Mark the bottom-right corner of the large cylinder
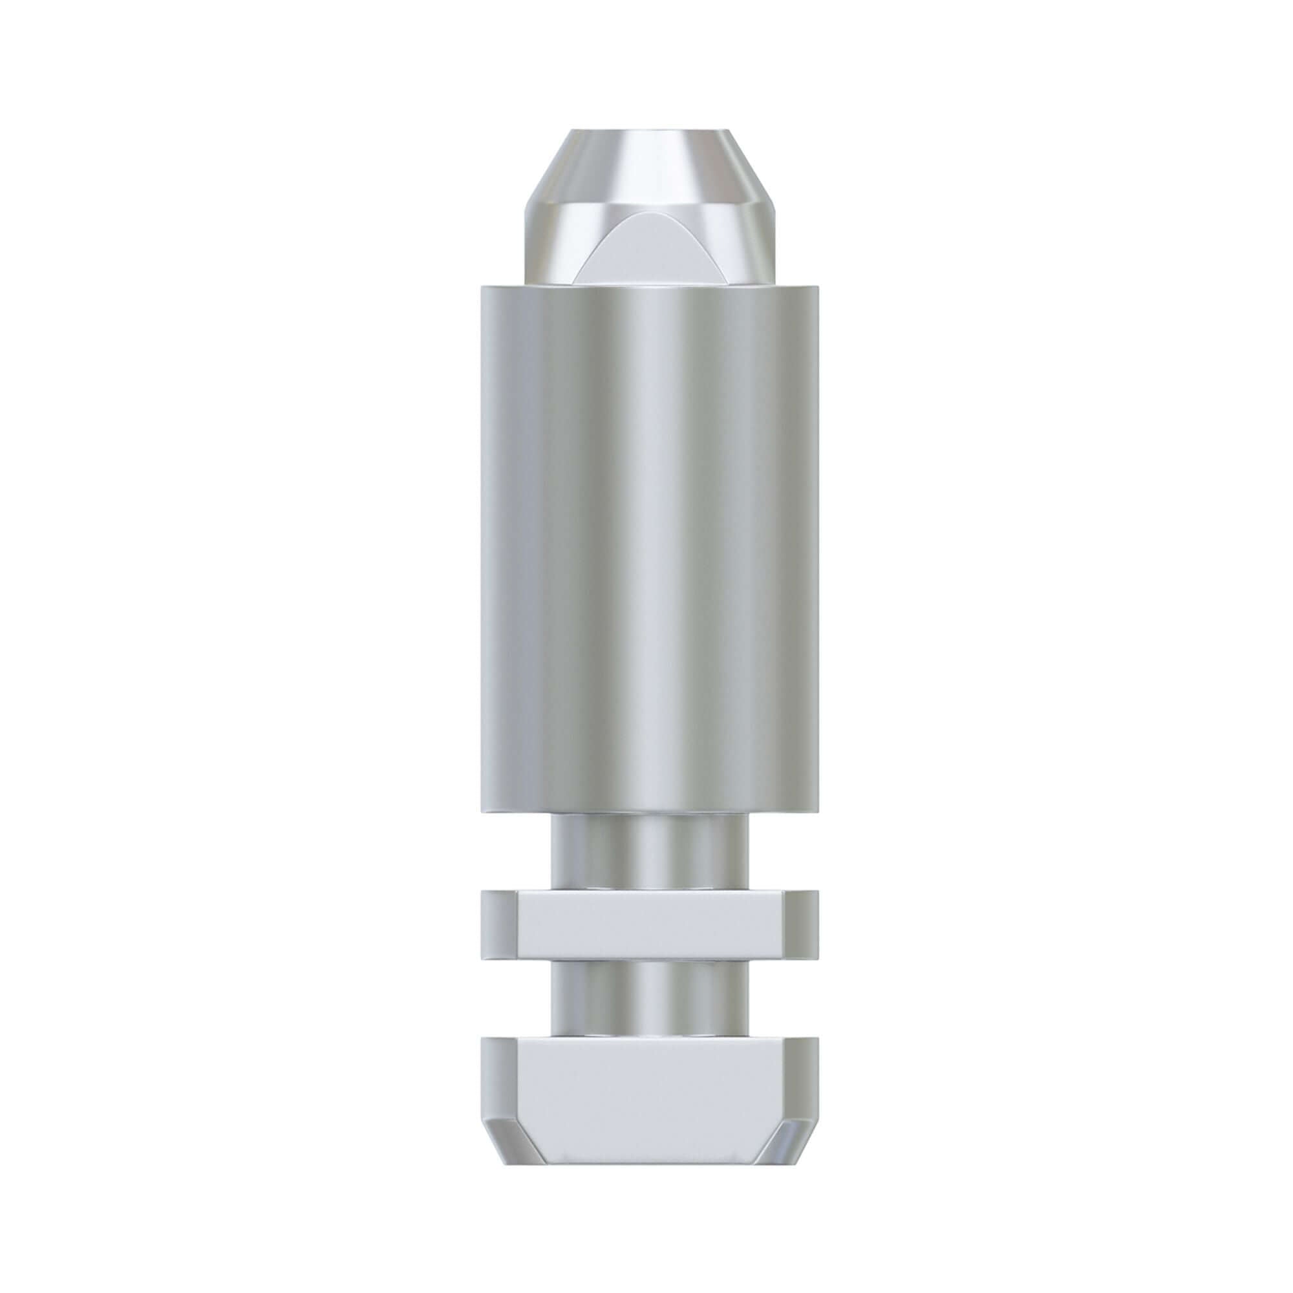[818, 814]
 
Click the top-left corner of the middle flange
[482, 891]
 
